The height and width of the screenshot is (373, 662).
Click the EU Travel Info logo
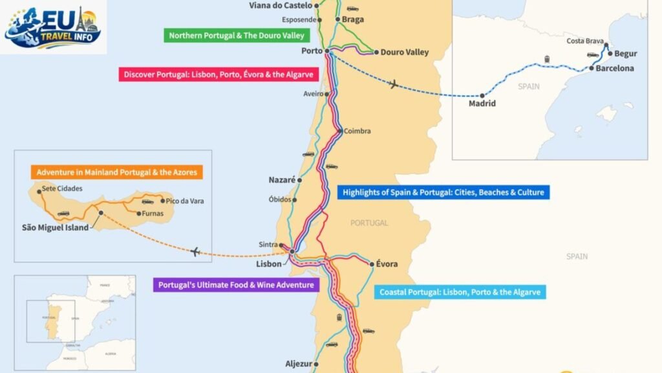(54, 27)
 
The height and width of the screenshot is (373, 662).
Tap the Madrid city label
(482, 104)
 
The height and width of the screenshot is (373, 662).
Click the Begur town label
(625, 54)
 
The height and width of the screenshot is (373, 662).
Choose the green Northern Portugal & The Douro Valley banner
(236, 36)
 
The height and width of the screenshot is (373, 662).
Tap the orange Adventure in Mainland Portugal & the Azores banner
(116, 173)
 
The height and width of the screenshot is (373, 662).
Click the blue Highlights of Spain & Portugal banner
(443, 192)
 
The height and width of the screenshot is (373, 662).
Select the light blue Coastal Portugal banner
(460, 292)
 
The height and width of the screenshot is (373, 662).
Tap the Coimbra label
(357, 131)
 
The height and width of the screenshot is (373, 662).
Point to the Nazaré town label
(282, 180)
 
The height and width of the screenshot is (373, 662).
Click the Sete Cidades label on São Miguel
(61, 190)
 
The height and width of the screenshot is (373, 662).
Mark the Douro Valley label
(404, 52)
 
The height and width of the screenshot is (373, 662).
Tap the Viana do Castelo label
(280, 6)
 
